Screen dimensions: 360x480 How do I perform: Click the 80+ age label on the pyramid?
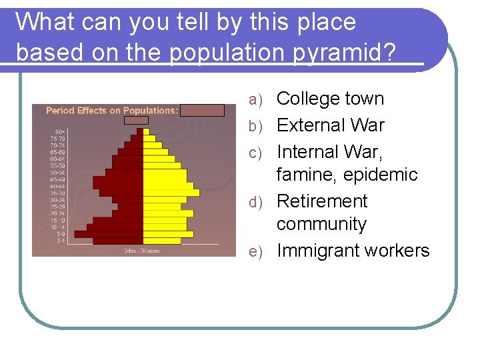pos(60,131)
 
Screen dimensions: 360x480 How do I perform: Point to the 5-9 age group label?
pos(60,234)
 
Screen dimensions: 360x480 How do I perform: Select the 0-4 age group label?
pos(60,241)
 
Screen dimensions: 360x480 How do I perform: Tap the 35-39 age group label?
pos(60,193)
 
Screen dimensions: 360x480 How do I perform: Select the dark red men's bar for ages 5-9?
pos(109,234)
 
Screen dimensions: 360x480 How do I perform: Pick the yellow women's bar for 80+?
pos(147,131)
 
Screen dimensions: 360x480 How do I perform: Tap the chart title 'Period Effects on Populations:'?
pos(111,111)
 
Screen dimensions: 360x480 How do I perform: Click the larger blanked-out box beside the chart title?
pos(202,110)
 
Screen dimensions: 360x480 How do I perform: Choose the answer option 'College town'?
pos(330,99)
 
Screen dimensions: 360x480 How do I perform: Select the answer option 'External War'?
pos(330,125)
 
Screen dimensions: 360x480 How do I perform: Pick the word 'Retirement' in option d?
pos(322,201)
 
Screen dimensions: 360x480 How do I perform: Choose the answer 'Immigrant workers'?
pos(353,251)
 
